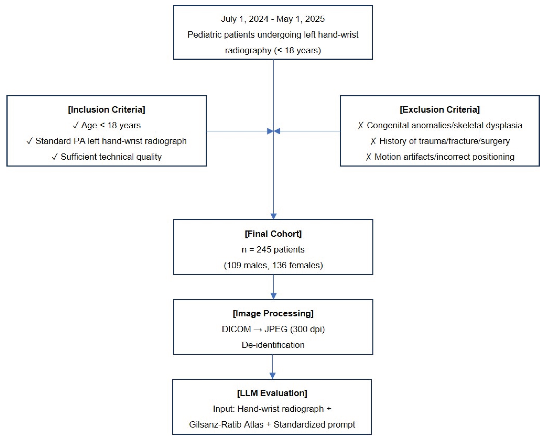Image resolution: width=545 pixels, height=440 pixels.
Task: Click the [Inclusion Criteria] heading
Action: [x=107, y=110]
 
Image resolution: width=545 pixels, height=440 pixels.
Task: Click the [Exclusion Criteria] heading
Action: [x=440, y=110]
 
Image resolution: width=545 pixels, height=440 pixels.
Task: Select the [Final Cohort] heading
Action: [x=273, y=234]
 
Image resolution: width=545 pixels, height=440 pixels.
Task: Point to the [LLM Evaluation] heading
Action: [x=272, y=393]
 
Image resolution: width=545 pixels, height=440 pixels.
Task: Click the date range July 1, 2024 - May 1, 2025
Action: [x=273, y=19]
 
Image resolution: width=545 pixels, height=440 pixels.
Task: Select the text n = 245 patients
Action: [x=273, y=249]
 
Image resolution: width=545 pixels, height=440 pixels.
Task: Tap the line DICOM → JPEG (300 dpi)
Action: [x=273, y=329]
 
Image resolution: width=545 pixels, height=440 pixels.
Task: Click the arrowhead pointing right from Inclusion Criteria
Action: [x=270, y=131]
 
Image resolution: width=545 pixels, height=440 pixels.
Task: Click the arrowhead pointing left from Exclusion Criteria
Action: [x=277, y=131]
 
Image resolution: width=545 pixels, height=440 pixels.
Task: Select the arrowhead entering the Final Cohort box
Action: [x=273, y=216]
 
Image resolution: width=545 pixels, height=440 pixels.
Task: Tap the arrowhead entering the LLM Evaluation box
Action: [x=272, y=376]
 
